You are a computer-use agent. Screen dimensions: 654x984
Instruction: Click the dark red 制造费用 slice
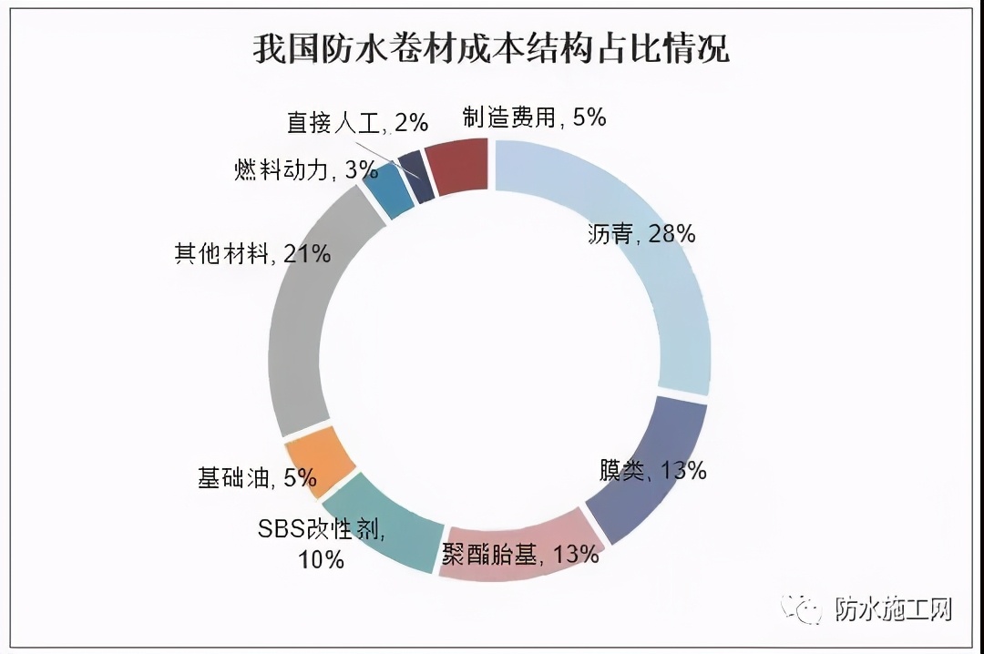[x=458, y=167]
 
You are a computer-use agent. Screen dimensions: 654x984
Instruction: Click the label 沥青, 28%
[x=641, y=234]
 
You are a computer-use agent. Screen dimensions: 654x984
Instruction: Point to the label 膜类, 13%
[x=652, y=470]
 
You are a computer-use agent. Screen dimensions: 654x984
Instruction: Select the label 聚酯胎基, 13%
[x=520, y=554]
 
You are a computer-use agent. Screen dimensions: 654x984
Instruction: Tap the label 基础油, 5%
[x=256, y=477]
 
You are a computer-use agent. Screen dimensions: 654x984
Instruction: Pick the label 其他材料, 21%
[x=251, y=253]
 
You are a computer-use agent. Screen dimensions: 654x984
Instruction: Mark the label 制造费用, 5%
[x=533, y=117]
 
